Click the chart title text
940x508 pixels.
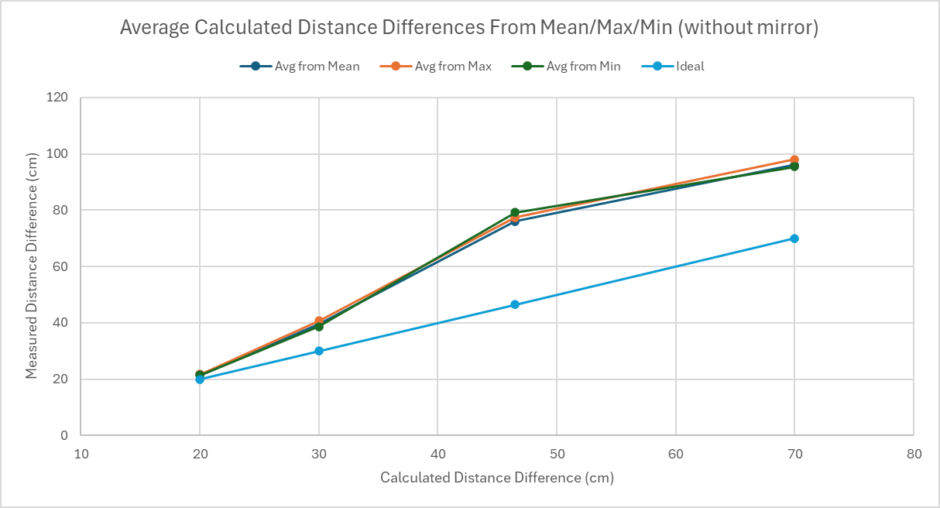pyautogui.click(x=469, y=29)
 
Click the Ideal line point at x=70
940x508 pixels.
pyautogui.click(x=794, y=239)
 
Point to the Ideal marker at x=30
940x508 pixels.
pyautogui.click(x=319, y=351)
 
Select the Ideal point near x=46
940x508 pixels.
pyautogui.click(x=515, y=305)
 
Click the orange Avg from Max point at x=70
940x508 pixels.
pyautogui.click(x=794, y=160)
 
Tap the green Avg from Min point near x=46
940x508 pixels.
pyautogui.click(x=515, y=212)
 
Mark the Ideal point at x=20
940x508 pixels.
pyautogui.click(x=200, y=379)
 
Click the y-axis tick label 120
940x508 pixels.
pyautogui.click(x=59, y=98)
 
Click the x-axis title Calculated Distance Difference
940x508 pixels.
pyautogui.click(x=497, y=478)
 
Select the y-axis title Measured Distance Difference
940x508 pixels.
pyautogui.click(x=32, y=266)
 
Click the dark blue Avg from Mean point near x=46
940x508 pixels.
pyautogui.click(x=515, y=221)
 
